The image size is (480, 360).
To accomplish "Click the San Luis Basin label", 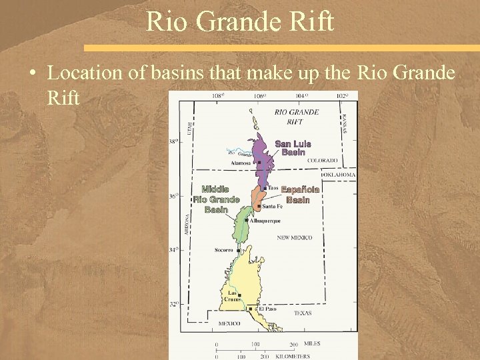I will coord(293,148).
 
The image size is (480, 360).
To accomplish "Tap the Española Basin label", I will coord(299,195).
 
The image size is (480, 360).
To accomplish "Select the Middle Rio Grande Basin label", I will coord(216,199).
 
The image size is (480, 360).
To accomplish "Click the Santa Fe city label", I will coord(273,206).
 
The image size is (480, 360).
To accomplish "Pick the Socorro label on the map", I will coord(223,250).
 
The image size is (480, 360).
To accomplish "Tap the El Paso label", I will coord(267,309).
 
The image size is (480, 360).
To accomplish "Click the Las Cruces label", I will coord(231,296).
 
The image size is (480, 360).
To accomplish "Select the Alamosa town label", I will coord(241,163).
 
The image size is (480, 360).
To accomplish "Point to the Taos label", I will coord(273,187).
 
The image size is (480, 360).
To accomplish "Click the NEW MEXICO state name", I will coord(295,237).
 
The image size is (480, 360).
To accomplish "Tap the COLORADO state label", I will coord(322,161).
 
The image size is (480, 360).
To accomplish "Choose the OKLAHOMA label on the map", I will coord(339,175).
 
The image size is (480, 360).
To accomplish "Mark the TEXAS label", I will coord(303,313).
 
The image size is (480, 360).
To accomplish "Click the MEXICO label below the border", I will coord(229,323).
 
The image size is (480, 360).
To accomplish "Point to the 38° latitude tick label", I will coord(174,142).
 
